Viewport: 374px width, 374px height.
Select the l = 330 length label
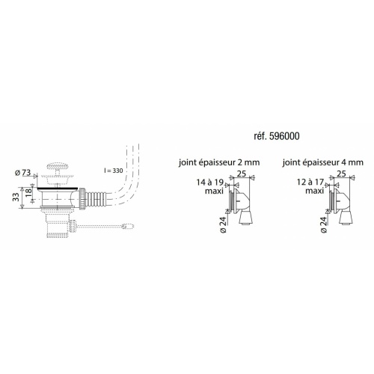click(x=114, y=171)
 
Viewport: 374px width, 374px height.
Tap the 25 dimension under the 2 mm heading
click(x=242, y=174)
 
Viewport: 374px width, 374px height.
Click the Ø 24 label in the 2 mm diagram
click(x=222, y=223)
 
